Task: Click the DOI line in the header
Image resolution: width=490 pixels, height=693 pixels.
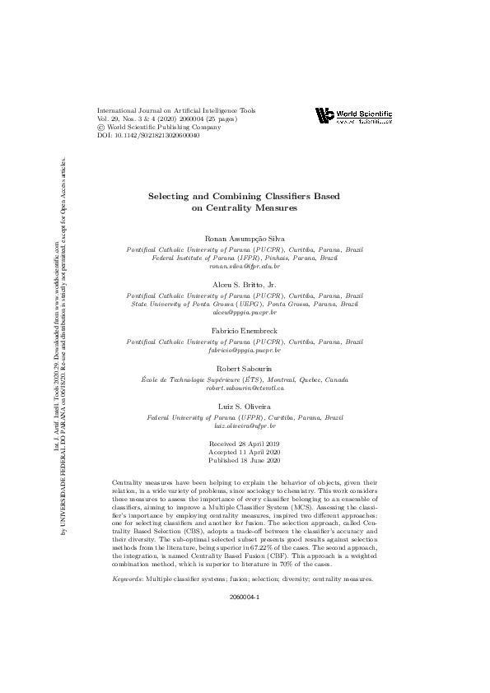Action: (x=148, y=136)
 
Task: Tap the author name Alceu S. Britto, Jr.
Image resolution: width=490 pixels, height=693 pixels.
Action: (x=245, y=284)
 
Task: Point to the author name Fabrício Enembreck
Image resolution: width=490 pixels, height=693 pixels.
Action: (x=245, y=330)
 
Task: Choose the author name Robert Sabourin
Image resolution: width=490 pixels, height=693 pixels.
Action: (x=245, y=369)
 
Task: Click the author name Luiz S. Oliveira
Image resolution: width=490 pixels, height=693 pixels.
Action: (x=245, y=407)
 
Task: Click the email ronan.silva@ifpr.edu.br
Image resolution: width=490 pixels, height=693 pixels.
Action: (x=245, y=267)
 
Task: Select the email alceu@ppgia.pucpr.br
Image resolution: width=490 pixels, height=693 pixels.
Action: (x=245, y=314)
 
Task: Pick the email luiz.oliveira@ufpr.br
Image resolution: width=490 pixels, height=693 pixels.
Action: (x=245, y=427)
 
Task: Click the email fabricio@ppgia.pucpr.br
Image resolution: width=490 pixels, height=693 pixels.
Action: (x=245, y=350)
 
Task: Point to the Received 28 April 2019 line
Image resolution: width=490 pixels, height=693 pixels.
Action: (x=245, y=444)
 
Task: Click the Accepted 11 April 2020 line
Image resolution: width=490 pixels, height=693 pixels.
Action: (x=245, y=452)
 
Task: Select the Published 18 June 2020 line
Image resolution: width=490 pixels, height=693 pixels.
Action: (x=245, y=460)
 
